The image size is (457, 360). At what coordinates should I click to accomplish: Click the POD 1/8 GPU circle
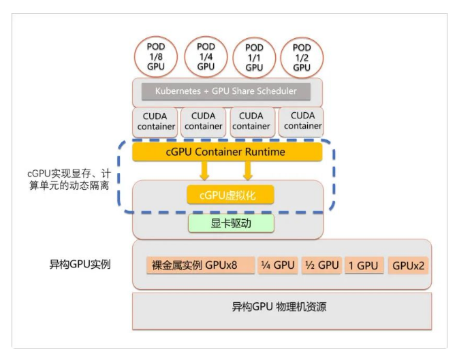(156, 57)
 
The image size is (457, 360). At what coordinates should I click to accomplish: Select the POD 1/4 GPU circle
(206, 56)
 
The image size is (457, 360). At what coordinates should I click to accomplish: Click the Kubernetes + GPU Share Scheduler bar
(227, 91)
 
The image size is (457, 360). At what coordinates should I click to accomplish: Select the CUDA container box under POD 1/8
(156, 121)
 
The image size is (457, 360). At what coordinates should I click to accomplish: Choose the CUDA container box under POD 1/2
(302, 121)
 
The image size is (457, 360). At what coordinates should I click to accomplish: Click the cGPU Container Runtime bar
(225, 151)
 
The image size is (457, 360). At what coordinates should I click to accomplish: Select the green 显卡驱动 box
(231, 223)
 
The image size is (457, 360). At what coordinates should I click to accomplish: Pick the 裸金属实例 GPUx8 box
(200, 265)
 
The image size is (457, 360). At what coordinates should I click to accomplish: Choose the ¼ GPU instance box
(277, 265)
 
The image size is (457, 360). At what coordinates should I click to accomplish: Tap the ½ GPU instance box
(321, 265)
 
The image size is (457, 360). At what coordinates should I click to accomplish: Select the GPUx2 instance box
(408, 265)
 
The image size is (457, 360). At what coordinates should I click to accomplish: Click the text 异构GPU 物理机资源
(279, 307)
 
